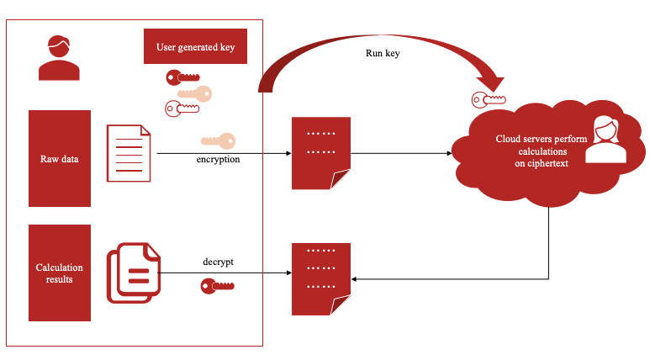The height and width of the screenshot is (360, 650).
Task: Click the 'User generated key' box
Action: [x=195, y=47]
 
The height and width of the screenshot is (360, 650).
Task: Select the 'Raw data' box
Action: [x=59, y=158]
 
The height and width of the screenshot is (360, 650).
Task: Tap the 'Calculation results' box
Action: [x=59, y=273]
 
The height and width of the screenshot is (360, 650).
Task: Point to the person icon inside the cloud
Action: [x=605, y=140]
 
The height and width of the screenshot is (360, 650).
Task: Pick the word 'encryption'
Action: [x=218, y=158]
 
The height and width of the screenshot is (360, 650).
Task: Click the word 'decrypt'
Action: [x=218, y=262]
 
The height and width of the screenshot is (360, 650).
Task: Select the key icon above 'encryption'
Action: [x=217, y=141]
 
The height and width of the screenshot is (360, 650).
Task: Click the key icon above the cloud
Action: [x=489, y=100]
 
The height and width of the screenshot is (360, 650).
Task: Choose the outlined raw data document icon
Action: [x=129, y=153]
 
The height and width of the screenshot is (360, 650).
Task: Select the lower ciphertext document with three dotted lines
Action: [x=320, y=278]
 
